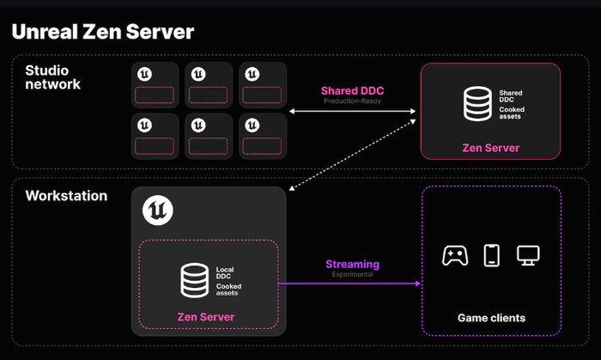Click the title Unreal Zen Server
(102, 33)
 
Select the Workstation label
(66, 196)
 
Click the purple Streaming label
(352, 265)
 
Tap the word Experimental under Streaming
(352, 275)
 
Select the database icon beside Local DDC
(193, 279)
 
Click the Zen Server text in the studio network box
(490, 148)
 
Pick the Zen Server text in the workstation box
(206, 317)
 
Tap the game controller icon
(454, 255)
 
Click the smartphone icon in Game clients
(491, 255)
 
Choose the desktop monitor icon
(527, 255)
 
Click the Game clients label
(491, 318)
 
